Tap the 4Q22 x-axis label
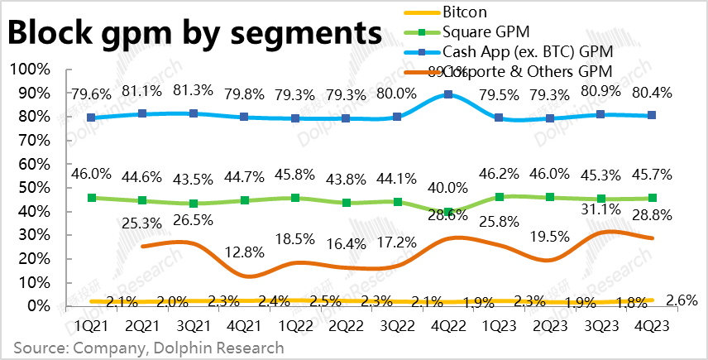pyautogui.click(x=447, y=326)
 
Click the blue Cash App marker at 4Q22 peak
pyautogui.click(x=447, y=94)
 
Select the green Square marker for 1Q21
pyautogui.click(x=93, y=198)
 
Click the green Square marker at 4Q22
pyautogui.click(x=447, y=212)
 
